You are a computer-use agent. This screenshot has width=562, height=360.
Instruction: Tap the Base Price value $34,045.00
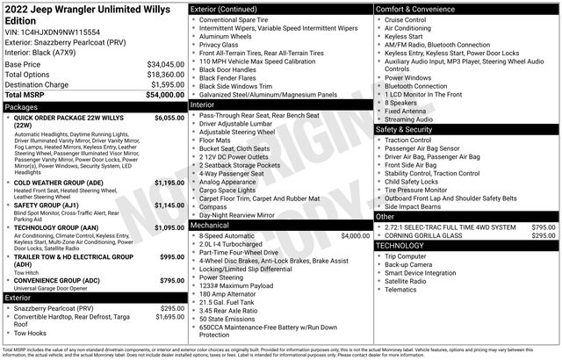pos(164,64)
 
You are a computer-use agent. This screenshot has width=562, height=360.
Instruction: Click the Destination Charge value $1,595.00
pos(166,84)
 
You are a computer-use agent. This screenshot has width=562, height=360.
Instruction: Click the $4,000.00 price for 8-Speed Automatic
pos(355,235)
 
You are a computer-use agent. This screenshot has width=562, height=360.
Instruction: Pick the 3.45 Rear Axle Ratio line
pos(230,310)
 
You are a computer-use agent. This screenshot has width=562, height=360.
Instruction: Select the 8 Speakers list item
pos(402,103)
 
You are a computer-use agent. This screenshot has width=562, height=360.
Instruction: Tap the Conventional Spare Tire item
pos(239,19)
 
